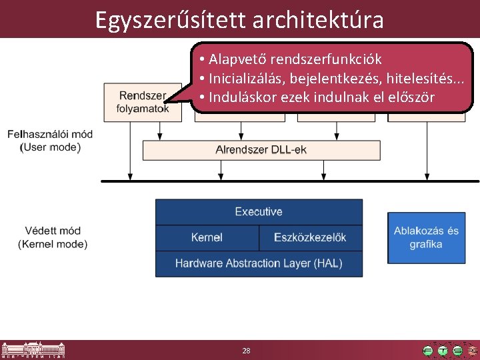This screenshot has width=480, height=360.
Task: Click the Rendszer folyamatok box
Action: click(142, 102)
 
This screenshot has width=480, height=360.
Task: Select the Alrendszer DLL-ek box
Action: click(261, 150)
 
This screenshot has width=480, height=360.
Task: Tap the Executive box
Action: click(259, 212)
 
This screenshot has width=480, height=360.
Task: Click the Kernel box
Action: click(207, 237)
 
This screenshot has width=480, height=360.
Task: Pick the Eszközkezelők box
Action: click(311, 237)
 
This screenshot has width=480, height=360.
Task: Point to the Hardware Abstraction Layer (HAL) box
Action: click(259, 263)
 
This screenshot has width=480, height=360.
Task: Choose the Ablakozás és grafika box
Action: click(426, 238)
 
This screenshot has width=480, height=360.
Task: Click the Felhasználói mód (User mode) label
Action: click(50, 141)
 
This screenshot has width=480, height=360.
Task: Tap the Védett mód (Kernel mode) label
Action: click(53, 237)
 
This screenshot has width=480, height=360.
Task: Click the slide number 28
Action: click(246, 351)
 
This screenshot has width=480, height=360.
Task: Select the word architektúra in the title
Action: click(319, 19)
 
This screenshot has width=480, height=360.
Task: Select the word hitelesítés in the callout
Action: click(420, 79)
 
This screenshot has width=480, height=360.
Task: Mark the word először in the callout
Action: click(409, 97)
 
